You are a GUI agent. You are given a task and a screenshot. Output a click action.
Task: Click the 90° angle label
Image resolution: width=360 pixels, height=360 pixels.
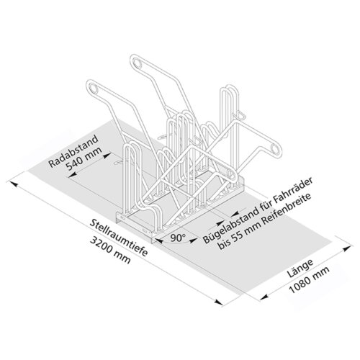pos(177,235)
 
